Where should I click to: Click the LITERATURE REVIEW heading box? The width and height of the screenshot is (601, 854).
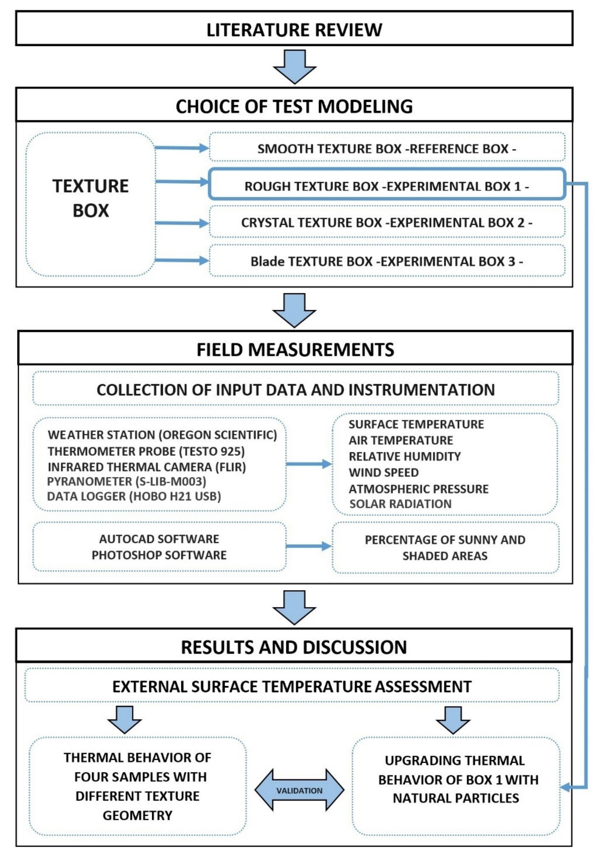(x=294, y=29)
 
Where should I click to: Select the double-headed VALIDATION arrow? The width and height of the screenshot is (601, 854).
(x=299, y=790)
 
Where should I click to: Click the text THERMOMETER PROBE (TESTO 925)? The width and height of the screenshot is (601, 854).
(x=146, y=451)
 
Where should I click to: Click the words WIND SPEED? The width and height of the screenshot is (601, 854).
(x=384, y=472)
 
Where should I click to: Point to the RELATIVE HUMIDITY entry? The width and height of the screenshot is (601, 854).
(x=405, y=456)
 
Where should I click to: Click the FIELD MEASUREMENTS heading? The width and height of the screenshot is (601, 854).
(x=295, y=349)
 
